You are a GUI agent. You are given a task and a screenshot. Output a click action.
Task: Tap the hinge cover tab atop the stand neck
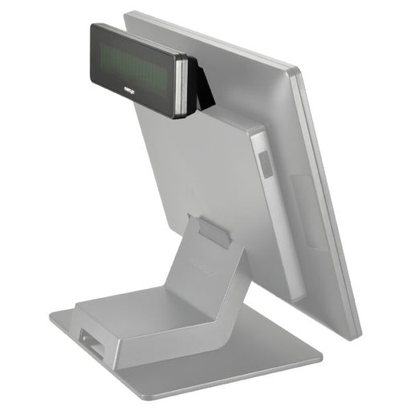[x=214, y=230]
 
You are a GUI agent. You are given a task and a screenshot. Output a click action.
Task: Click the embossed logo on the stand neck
[x=202, y=262]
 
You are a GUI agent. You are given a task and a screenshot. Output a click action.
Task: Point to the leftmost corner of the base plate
[x=51, y=315]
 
